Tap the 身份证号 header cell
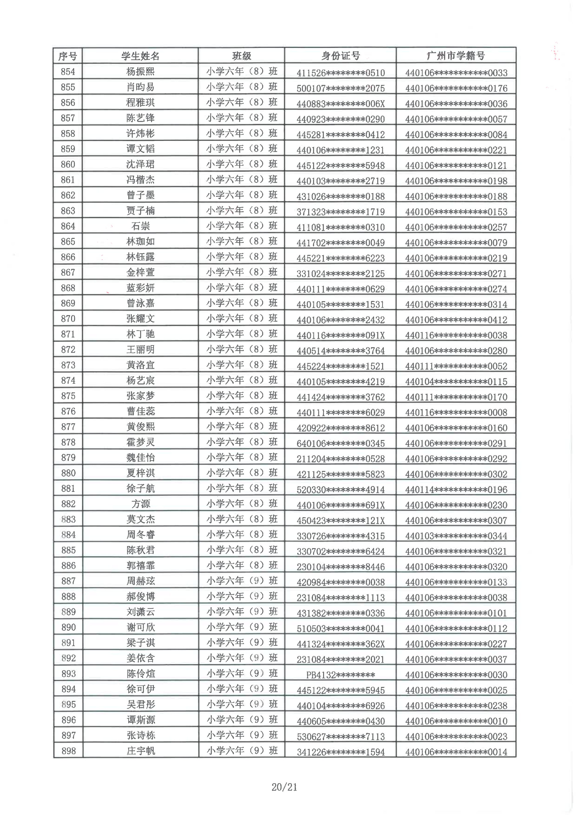coord(340,56)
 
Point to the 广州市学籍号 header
coord(455,56)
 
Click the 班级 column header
coord(241,56)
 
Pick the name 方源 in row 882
coord(141,504)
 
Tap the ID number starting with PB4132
coord(340,675)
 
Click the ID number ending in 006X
coord(340,104)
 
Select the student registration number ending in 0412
coord(456,320)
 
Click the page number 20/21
coord(284,787)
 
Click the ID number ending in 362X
coord(340,644)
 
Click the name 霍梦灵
coord(141,442)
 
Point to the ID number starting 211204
coord(340,459)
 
